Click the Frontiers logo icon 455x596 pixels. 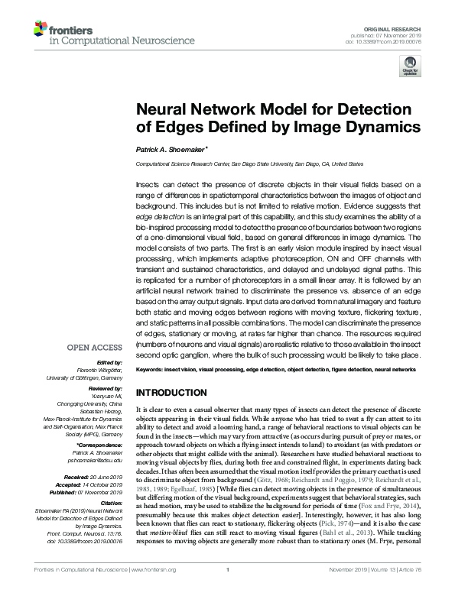40,29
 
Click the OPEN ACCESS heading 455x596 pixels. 96,347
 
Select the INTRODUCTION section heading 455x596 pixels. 174,392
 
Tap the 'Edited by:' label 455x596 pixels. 111,362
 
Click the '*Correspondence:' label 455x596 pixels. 100,444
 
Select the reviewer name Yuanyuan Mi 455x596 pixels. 108,395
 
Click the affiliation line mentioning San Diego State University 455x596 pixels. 249,164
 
